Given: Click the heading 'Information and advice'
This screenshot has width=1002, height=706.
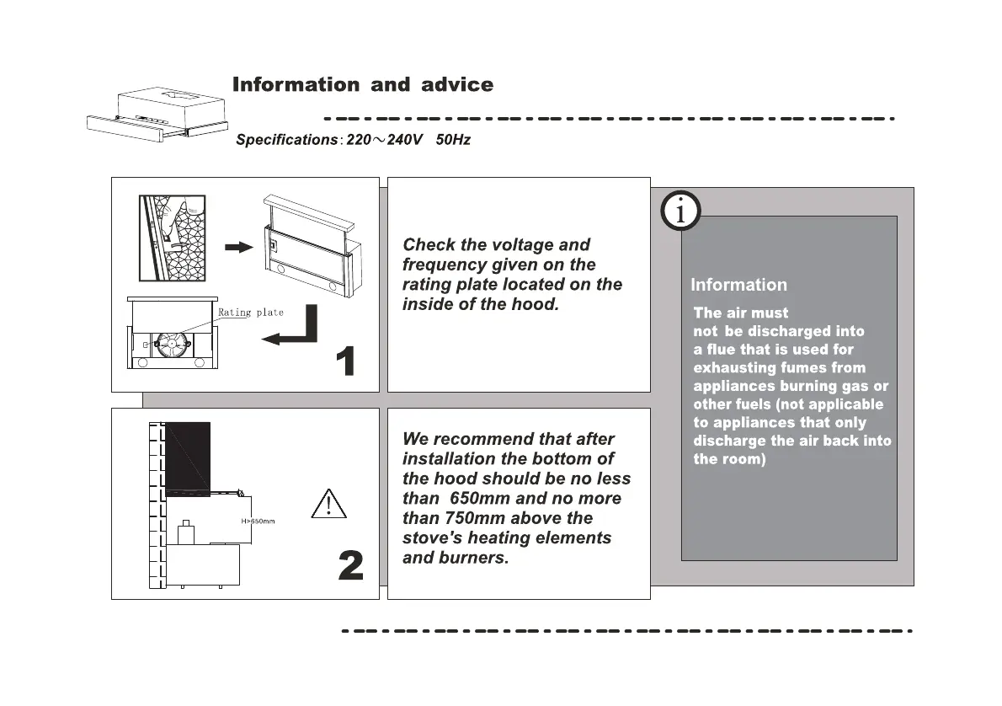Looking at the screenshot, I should coord(362,85).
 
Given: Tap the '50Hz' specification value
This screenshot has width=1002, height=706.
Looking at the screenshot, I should coord(453,140).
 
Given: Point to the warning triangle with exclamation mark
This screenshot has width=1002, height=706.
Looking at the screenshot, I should coord(328,503).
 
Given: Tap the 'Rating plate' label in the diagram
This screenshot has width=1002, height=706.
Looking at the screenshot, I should coord(251,313).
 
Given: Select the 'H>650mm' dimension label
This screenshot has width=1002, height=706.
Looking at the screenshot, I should coord(258,521).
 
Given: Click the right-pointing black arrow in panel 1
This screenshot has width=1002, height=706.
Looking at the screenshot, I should coord(239,247).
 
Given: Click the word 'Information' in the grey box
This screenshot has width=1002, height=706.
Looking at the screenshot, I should coord(738,285).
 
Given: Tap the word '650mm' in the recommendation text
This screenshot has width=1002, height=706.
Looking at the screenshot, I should coord(480,499).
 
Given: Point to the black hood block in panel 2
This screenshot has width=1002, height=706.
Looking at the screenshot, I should coord(187,457).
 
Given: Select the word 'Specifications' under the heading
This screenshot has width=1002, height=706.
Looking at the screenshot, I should coord(286,140).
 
